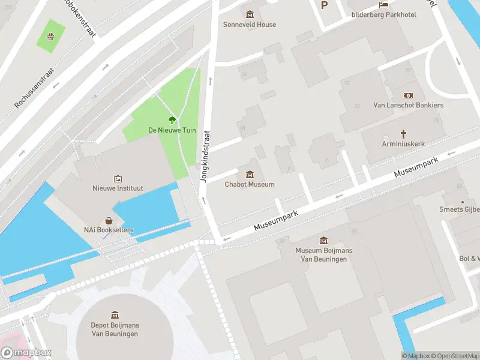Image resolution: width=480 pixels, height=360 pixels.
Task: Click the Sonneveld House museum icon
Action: click(x=250, y=14)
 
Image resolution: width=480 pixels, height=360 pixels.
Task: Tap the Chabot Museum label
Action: click(x=250, y=184)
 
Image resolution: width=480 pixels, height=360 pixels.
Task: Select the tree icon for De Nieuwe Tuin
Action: click(x=172, y=120)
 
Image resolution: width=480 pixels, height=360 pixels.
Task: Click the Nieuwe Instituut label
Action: click(x=118, y=188)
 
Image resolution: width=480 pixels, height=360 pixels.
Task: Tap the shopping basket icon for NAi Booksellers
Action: click(x=109, y=221)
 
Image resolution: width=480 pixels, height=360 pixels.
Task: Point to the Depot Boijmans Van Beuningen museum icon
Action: click(x=115, y=315)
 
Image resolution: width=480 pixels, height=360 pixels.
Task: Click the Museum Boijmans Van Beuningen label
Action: click(x=324, y=254)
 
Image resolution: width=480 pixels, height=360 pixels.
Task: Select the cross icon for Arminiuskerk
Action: click(x=404, y=134)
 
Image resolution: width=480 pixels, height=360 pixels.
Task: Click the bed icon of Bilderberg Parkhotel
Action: click(x=383, y=5)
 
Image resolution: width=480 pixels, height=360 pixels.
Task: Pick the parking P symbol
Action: click(x=325, y=5)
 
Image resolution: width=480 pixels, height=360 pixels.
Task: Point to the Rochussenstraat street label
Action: click(x=34, y=88)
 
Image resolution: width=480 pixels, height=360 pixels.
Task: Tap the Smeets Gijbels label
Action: click(x=460, y=209)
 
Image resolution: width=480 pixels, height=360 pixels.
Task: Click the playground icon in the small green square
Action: click(x=52, y=35)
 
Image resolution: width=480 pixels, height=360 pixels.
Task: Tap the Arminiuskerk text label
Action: click(x=403, y=144)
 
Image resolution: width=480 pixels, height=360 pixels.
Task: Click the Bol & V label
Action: click(x=469, y=259)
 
